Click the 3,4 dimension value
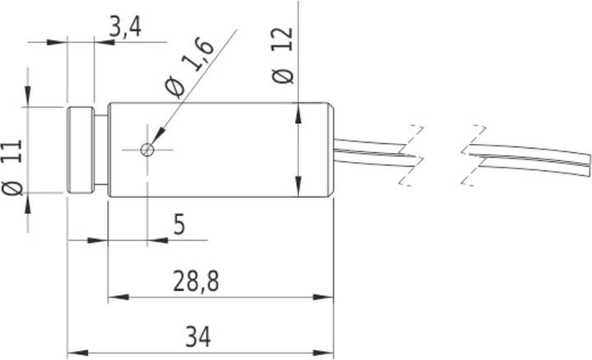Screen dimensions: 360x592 (x=125, y=30)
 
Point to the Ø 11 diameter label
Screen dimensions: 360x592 (x=12, y=169)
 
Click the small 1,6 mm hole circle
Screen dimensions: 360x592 (x=146, y=149)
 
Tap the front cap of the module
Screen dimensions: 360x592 (x=81, y=150)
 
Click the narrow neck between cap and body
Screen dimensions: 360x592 (x=101, y=150)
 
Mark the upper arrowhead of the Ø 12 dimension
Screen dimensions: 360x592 (x=296, y=111)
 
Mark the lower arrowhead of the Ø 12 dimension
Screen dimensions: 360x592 (x=296, y=189)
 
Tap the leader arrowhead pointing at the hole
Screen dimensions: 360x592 (x=154, y=141)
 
